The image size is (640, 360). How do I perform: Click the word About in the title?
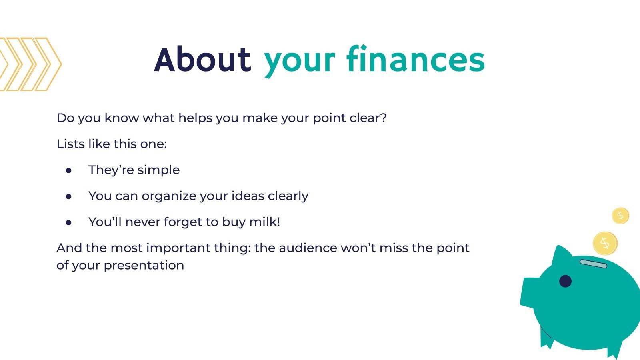coord(202,60)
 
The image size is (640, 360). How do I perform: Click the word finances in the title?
coord(416,60)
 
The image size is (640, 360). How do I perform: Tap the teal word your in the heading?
coord(299,61)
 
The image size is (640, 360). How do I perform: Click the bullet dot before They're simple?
coord(69,170)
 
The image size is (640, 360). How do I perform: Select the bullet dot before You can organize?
coord(69,196)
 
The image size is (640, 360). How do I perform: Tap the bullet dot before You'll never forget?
coord(69,222)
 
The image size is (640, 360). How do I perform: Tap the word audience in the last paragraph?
coord(308,248)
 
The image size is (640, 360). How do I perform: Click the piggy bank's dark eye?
coord(565,281)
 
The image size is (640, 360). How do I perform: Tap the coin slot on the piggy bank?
coord(593,264)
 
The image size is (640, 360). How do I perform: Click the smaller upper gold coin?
coord(620,216)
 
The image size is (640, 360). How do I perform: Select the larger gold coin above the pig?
coord(605,243)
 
